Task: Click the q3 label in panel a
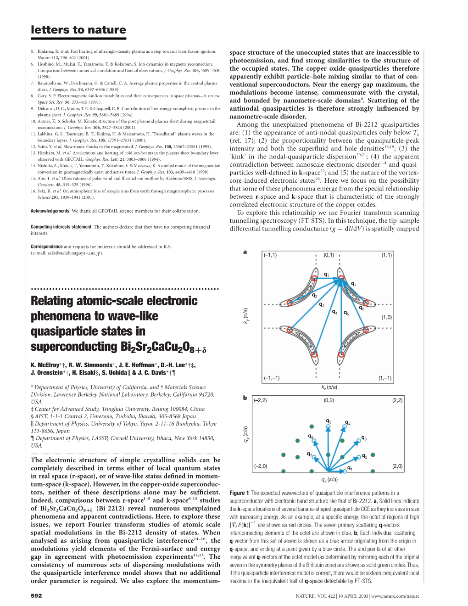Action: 322,305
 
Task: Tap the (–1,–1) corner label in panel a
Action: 272,378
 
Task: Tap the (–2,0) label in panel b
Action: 260,466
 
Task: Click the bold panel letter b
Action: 245,398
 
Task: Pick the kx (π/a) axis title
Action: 329,387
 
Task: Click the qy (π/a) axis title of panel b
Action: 246,434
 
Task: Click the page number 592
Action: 36,595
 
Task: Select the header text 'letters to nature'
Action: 78,30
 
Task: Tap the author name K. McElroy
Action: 45,365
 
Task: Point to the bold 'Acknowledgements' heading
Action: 50,211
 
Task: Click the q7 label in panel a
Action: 353,284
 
